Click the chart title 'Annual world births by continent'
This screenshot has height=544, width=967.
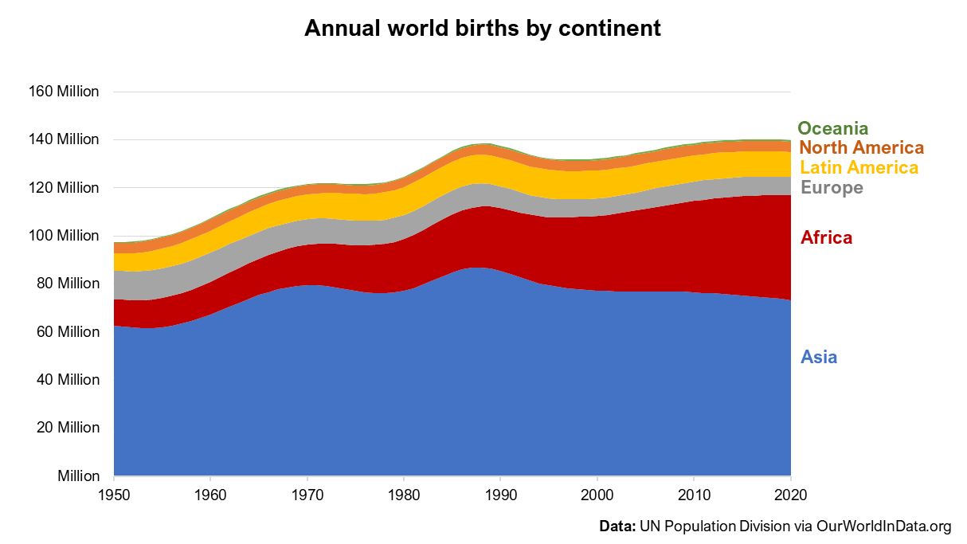tap(483, 29)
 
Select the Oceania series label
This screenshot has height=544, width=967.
tap(832, 128)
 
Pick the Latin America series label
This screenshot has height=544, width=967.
tap(859, 168)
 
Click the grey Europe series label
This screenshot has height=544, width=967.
tap(832, 188)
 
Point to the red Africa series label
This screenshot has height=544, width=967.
tap(826, 238)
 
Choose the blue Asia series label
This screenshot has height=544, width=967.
tap(819, 357)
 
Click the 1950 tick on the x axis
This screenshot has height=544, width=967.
tap(114, 494)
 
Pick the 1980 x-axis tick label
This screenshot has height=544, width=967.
tap(404, 494)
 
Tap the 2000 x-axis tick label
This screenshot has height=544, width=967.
tap(597, 494)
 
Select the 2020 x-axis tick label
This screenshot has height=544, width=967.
tap(790, 494)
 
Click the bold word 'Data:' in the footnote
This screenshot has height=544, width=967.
tap(617, 526)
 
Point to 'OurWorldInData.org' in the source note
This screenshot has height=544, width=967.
tap(883, 526)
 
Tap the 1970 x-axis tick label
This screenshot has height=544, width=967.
tap(307, 494)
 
